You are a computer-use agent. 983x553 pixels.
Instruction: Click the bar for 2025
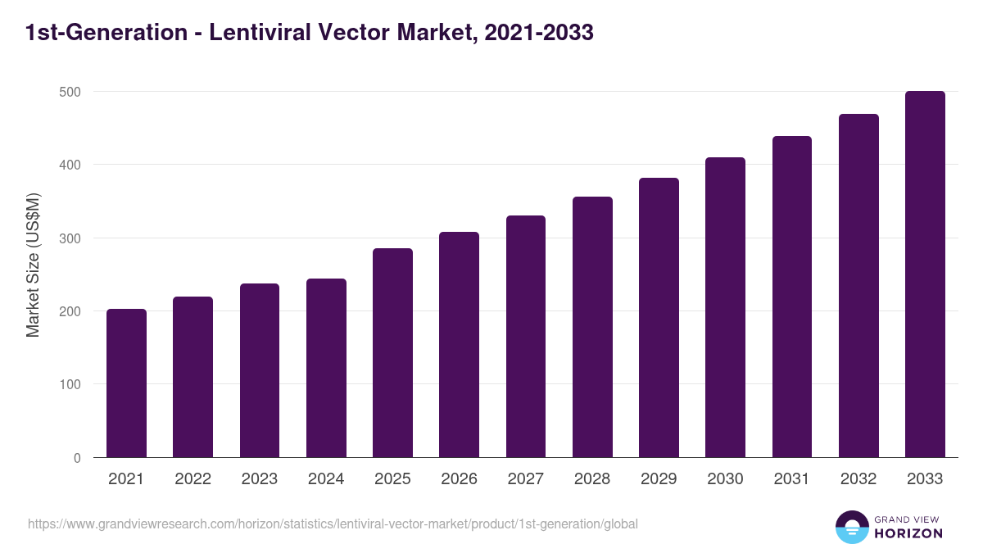pyautogui.click(x=392, y=353)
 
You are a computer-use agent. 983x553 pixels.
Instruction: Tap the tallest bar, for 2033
pyautogui.click(x=925, y=274)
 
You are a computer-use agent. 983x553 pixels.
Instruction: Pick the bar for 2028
pyautogui.click(x=592, y=327)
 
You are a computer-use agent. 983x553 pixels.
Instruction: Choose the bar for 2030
pyautogui.click(x=725, y=307)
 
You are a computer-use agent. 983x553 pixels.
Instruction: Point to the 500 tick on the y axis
pyautogui.click(x=70, y=92)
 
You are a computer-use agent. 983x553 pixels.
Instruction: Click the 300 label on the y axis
pyautogui.click(x=70, y=238)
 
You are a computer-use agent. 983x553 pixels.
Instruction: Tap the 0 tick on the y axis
pyautogui.click(x=77, y=458)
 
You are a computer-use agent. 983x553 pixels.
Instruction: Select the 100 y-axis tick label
pyautogui.click(x=70, y=385)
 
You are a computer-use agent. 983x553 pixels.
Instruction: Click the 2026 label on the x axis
pyautogui.click(x=459, y=479)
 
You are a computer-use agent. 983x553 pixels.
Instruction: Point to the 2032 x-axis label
pyautogui.click(x=858, y=479)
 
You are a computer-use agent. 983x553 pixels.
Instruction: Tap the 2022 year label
pyautogui.click(x=193, y=479)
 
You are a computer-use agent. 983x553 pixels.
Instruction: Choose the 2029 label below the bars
pyautogui.click(x=659, y=479)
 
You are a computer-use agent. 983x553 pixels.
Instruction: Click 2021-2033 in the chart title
pyautogui.click(x=538, y=34)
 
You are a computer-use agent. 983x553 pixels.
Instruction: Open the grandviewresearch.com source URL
pyautogui.click(x=333, y=524)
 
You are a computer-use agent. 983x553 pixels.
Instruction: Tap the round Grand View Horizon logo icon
pyautogui.click(x=851, y=527)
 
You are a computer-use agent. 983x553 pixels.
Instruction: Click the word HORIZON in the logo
pyautogui.click(x=908, y=533)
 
